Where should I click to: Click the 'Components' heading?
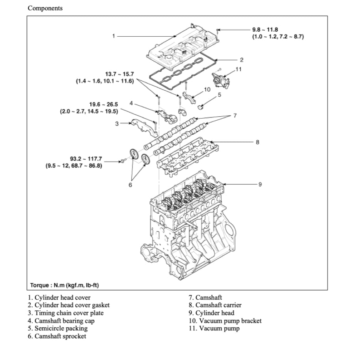pos(45,8)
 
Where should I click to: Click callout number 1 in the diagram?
pos(114,36)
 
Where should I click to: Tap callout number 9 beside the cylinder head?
pos(260,184)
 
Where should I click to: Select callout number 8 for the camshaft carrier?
pos(257,142)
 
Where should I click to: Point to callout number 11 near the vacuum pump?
pos(238,69)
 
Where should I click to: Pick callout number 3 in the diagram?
pos(117,124)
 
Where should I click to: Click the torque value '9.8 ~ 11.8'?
pos(267,30)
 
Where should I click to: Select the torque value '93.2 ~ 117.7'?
pos(86,159)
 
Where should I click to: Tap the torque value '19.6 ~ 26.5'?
pos(103,104)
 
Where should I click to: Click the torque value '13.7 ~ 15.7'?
pos(119,74)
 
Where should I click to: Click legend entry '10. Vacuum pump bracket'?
pos(225,321)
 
